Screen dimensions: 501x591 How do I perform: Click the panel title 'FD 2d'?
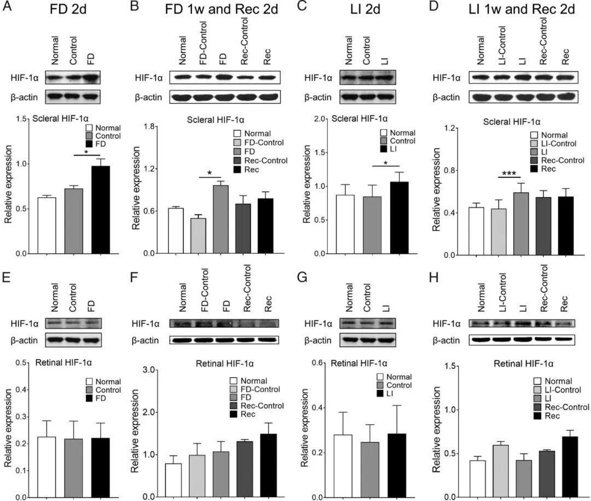tap(62, 9)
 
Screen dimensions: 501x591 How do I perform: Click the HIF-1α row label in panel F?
tap(146, 324)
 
